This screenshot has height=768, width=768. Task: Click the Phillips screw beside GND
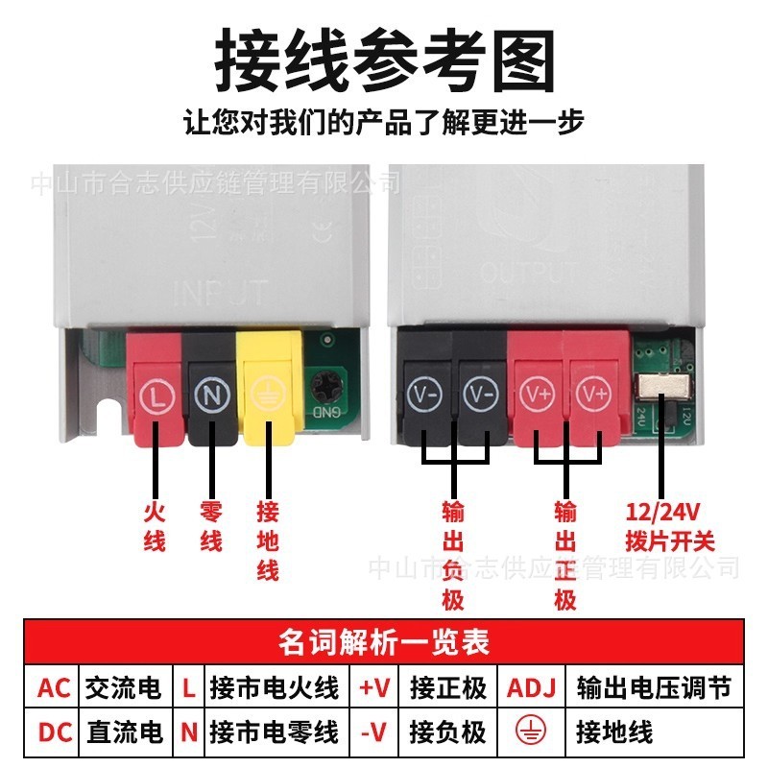[329, 390]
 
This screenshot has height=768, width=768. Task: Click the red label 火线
[155, 527]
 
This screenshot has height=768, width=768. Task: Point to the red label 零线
[211, 527]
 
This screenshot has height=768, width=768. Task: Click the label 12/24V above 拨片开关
[662, 514]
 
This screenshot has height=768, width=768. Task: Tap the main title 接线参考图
[384, 60]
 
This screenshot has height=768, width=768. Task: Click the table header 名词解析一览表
[384, 640]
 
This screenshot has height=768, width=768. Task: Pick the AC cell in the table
[54, 687]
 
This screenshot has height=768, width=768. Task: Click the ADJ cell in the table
[531, 687]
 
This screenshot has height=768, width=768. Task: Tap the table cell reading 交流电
[124, 687]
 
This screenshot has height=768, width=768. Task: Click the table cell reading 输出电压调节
[654, 687]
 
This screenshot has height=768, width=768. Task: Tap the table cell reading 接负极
[447, 732]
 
